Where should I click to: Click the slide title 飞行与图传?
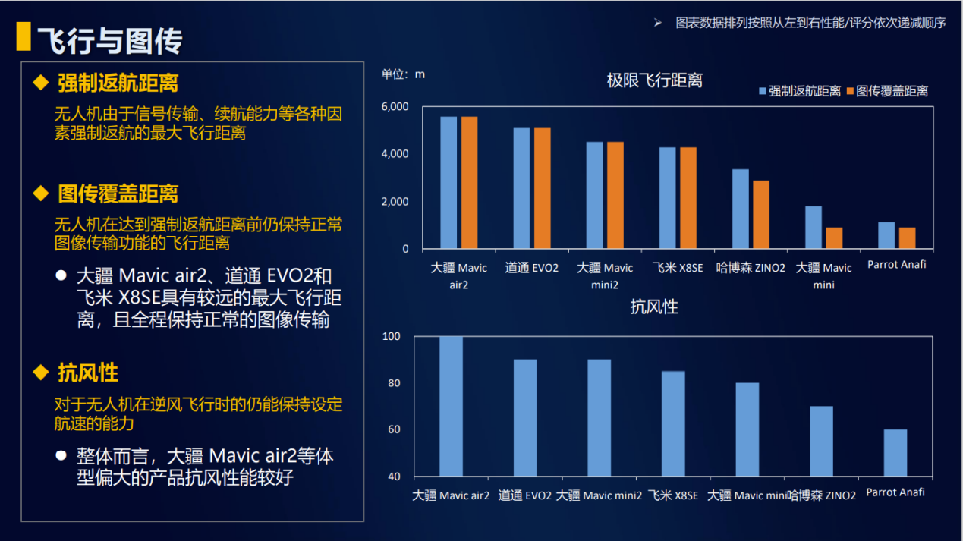click(x=110, y=40)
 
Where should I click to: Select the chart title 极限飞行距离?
click(x=654, y=80)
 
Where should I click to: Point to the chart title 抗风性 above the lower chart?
click(x=653, y=307)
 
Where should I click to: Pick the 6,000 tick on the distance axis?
click(x=395, y=106)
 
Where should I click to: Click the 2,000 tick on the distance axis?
click(x=395, y=202)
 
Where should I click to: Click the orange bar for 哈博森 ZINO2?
click(x=760, y=215)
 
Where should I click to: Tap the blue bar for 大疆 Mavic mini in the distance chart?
click(x=813, y=228)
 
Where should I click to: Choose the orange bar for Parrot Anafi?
click(x=907, y=238)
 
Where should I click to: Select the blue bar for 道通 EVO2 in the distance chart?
click(x=521, y=188)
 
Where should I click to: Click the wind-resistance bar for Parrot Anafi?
click(x=895, y=453)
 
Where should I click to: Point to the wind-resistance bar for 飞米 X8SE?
click(x=673, y=423)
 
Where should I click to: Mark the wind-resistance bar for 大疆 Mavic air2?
click(x=451, y=406)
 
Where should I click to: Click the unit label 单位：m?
click(x=403, y=74)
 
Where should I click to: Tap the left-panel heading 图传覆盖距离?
click(x=118, y=194)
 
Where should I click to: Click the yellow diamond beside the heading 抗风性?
click(x=41, y=372)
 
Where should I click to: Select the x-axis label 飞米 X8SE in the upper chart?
click(x=678, y=268)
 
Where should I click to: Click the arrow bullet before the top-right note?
click(x=658, y=23)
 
